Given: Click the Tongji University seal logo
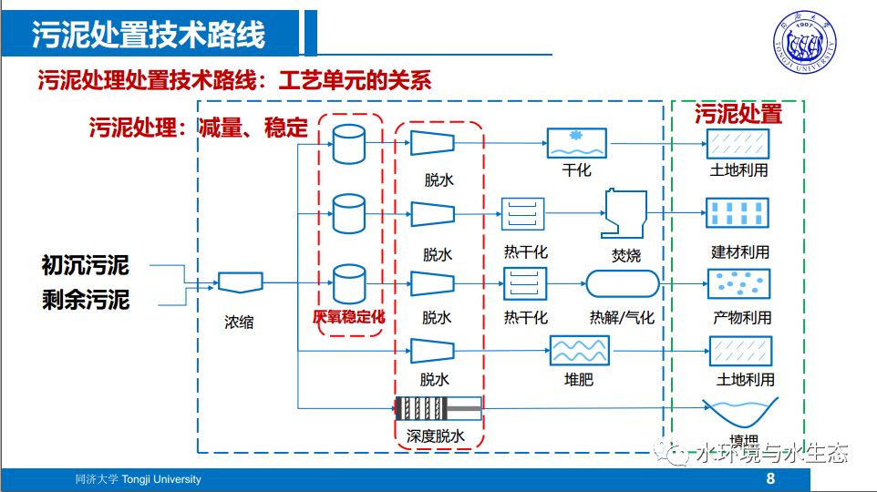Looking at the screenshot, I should [x=809, y=42].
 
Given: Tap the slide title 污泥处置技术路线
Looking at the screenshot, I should [x=149, y=35].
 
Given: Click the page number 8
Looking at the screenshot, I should [x=770, y=479].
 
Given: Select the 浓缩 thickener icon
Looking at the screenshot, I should [x=239, y=284].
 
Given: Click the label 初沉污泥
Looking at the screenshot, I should [x=86, y=265].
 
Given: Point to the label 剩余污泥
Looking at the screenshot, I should [x=86, y=299].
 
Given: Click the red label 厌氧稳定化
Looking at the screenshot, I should [x=349, y=318].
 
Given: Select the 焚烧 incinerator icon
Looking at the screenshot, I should [x=624, y=214].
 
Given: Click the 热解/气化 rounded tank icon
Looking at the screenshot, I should [x=621, y=284].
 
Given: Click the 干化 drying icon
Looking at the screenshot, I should [x=576, y=143].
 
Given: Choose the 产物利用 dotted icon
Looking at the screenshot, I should [x=739, y=284].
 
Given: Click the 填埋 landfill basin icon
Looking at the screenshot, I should [x=738, y=415].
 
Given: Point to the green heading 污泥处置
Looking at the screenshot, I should [x=738, y=114].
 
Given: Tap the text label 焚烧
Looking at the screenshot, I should [x=626, y=256].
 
